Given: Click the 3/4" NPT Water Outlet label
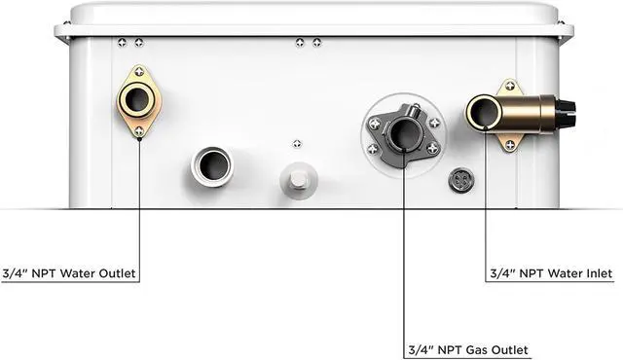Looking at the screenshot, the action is pyautogui.click(x=69, y=273).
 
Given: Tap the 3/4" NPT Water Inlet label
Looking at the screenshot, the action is pyautogui.click(x=551, y=273).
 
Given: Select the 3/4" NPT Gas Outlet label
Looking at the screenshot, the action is pyautogui.click(x=468, y=350).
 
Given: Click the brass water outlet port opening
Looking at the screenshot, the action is pyautogui.click(x=137, y=99).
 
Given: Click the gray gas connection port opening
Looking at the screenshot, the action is pyautogui.click(x=404, y=133).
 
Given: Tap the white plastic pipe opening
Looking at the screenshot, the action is pyautogui.click(x=212, y=166).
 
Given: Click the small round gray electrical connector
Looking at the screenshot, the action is pyautogui.click(x=461, y=180).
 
